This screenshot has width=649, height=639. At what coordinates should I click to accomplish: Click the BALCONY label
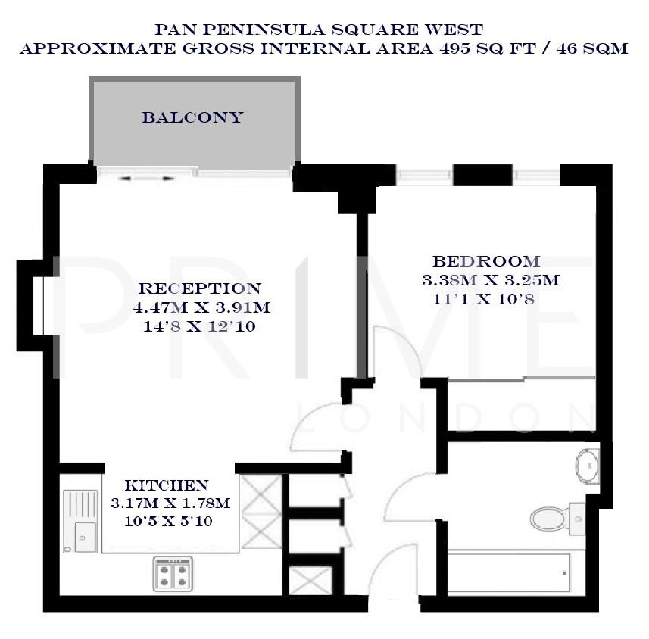point(193,117)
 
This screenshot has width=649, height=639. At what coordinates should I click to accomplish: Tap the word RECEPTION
point(200,288)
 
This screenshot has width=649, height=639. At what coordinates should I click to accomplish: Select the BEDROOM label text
point(486,261)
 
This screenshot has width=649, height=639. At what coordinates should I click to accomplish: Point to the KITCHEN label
point(166,485)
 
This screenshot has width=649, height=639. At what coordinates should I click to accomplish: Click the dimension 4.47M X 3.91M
point(201,308)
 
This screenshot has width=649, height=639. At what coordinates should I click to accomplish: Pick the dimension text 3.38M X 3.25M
point(490,280)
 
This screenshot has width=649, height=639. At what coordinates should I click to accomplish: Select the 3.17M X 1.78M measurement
point(170,503)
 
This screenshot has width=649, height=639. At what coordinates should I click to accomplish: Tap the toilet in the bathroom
point(547,519)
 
